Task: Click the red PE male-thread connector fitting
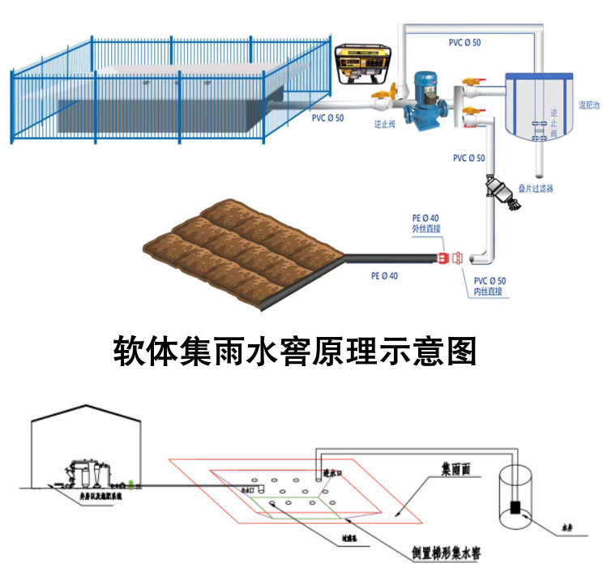442,258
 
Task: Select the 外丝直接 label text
426,229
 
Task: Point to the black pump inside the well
515,507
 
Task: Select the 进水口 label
332,471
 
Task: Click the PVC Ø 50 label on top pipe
464,42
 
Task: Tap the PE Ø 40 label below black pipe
384,275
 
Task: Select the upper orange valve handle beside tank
472,81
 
